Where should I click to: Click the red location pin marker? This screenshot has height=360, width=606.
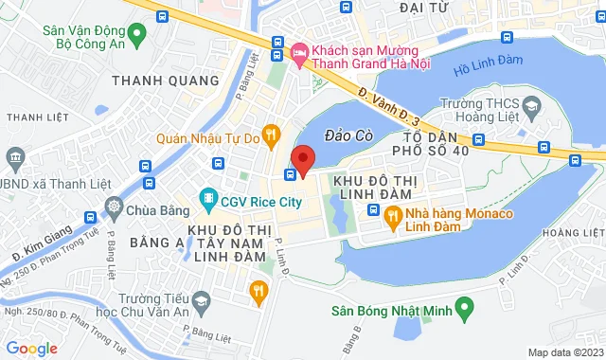pos(303,160)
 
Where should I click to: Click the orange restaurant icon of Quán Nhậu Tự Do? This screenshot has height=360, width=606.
pos(271,135)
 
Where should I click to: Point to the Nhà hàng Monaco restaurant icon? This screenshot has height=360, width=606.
pos(394,214)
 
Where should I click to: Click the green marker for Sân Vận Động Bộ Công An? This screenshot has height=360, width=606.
pos(137,37)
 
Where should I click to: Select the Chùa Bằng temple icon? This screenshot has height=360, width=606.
pos(115,207)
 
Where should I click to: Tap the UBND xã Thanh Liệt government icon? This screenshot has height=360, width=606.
pos(16,156)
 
